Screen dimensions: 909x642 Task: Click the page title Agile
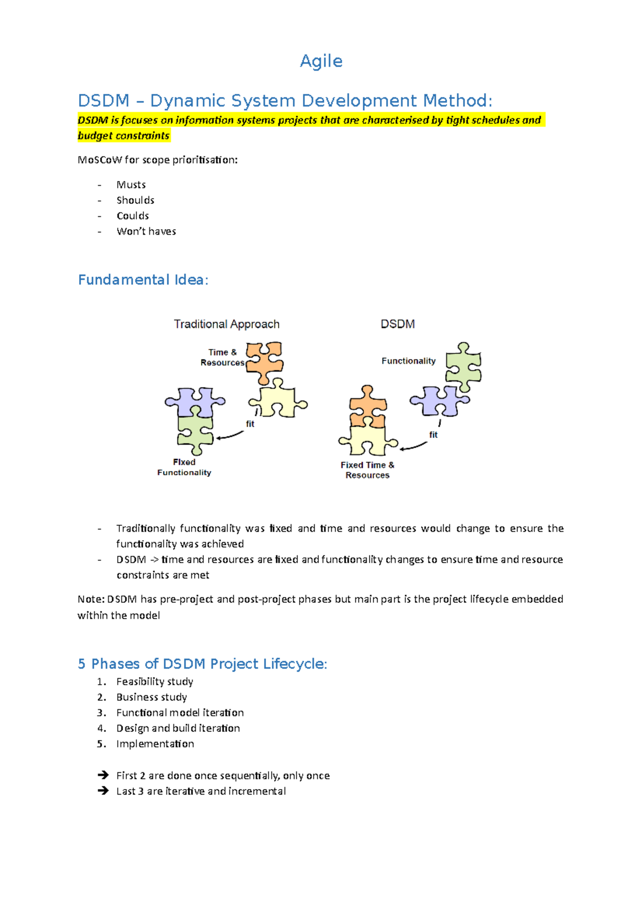click(x=321, y=61)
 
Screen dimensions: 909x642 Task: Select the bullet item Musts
click(x=131, y=185)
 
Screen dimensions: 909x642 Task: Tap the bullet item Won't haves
click(x=146, y=231)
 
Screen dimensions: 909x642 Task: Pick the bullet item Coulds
click(x=133, y=216)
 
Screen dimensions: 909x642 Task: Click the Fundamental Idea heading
click(x=143, y=280)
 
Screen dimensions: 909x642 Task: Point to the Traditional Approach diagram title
click(x=226, y=324)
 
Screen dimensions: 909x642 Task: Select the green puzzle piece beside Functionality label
click(x=463, y=367)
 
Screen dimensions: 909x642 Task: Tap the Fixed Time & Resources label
click(x=368, y=470)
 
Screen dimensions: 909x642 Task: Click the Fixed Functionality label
click(x=184, y=467)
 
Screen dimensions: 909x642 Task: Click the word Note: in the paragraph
click(x=91, y=599)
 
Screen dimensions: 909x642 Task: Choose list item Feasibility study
click(x=155, y=681)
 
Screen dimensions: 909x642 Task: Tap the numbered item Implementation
click(x=155, y=744)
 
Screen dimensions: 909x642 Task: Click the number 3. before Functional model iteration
click(x=102, y=713)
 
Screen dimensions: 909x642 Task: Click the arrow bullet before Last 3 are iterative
click(x=103, y=791)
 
